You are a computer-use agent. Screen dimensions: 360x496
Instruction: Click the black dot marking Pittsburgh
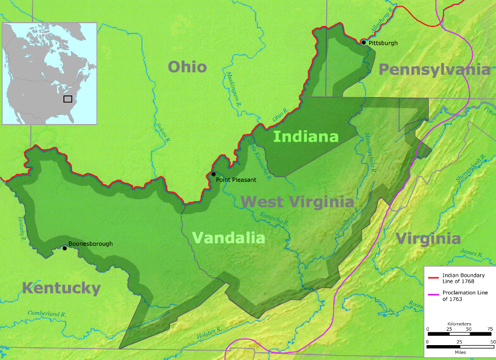click(x=363, y=42)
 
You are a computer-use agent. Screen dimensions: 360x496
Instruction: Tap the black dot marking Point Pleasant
click(x=214, y=174)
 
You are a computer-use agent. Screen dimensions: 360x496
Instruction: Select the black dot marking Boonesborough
click(x=64, y=248)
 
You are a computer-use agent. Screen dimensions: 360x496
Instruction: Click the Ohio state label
click(x=187, y=67)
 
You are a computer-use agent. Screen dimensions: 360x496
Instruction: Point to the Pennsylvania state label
click(x=434, y=69)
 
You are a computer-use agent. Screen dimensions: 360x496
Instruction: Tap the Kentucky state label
click(x=61, y=288)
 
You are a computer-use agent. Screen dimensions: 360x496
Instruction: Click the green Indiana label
click(x=306, y=136)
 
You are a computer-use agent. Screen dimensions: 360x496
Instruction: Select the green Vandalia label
click(x=228, y=238)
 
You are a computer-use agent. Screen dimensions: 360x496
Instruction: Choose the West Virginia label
click(x=297, y=202)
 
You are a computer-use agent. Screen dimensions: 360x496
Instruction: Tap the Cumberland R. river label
click(x=47, y=314)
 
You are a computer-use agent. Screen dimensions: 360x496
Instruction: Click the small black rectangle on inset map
click(x=68, y=99)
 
